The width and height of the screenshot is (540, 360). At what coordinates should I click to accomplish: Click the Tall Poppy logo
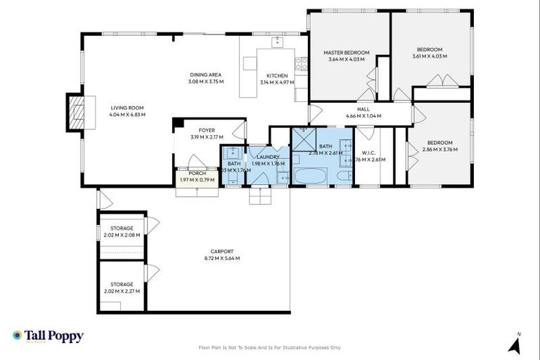48,336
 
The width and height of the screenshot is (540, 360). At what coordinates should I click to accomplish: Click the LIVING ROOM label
127,108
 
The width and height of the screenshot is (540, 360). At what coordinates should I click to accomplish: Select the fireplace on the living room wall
75,112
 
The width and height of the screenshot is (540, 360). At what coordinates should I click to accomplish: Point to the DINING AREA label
205,75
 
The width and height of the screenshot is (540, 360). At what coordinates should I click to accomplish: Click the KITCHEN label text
276,75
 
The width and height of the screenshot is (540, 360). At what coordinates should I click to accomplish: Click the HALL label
362,109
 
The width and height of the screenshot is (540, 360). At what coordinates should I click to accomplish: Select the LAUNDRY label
269,157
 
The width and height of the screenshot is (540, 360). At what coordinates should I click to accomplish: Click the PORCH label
197,173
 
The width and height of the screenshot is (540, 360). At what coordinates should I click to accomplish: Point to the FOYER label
207,130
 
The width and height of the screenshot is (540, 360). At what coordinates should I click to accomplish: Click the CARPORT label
221,251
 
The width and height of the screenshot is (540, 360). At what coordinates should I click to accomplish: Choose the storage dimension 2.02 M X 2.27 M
122,291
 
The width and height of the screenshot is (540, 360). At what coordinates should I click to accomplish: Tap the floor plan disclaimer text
270,347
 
